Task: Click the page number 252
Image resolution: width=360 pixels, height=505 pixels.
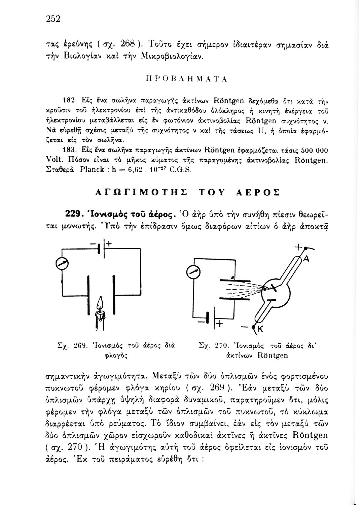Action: [53, 19]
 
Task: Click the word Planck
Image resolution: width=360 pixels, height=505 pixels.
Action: [92, 170]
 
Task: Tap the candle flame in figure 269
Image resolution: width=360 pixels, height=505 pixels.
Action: [100, 304]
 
